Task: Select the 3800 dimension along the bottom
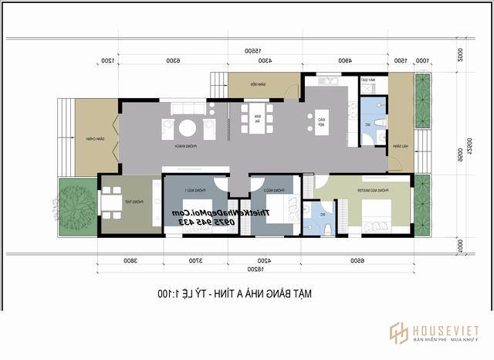130,261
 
